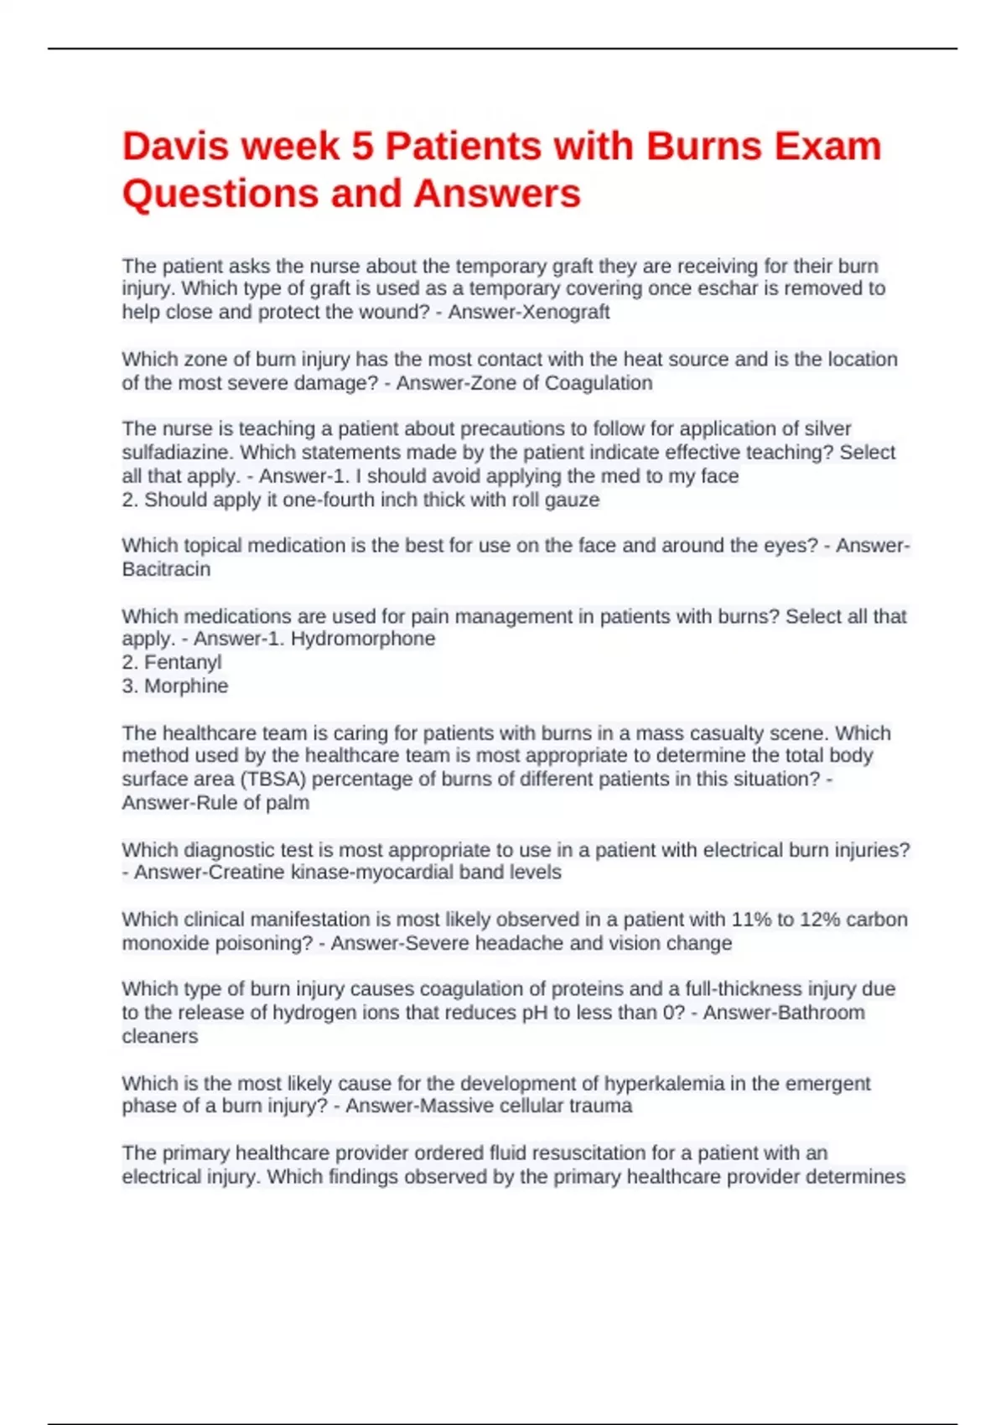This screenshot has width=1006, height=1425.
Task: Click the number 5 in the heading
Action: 362,147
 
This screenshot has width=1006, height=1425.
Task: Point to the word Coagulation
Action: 599,383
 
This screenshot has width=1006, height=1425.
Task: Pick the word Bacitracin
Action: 166,569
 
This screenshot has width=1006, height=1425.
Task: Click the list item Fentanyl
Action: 183,662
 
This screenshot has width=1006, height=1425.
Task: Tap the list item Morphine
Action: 186,686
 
